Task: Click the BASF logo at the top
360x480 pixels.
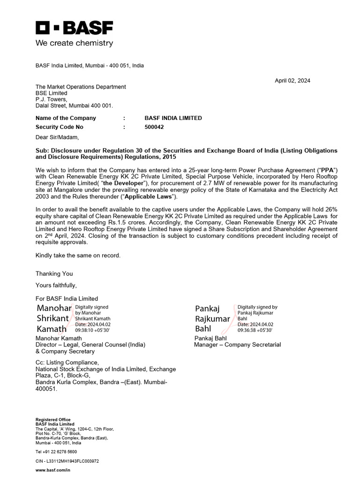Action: click(75, 28)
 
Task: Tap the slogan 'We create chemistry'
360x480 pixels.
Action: click(75, 43)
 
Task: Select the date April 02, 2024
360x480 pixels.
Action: click(292, 81)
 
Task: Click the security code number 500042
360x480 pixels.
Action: click(155, 127)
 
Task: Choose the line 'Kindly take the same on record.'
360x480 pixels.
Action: click(78, 255)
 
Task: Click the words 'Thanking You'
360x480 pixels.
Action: click(54, 274)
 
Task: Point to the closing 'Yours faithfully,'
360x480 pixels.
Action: click(56, 285)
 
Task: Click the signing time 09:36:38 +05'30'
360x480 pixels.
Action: click(255, 330)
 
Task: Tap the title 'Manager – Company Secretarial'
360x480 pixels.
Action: click(237, 345)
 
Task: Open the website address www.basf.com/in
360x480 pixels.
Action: click(52, 470)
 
